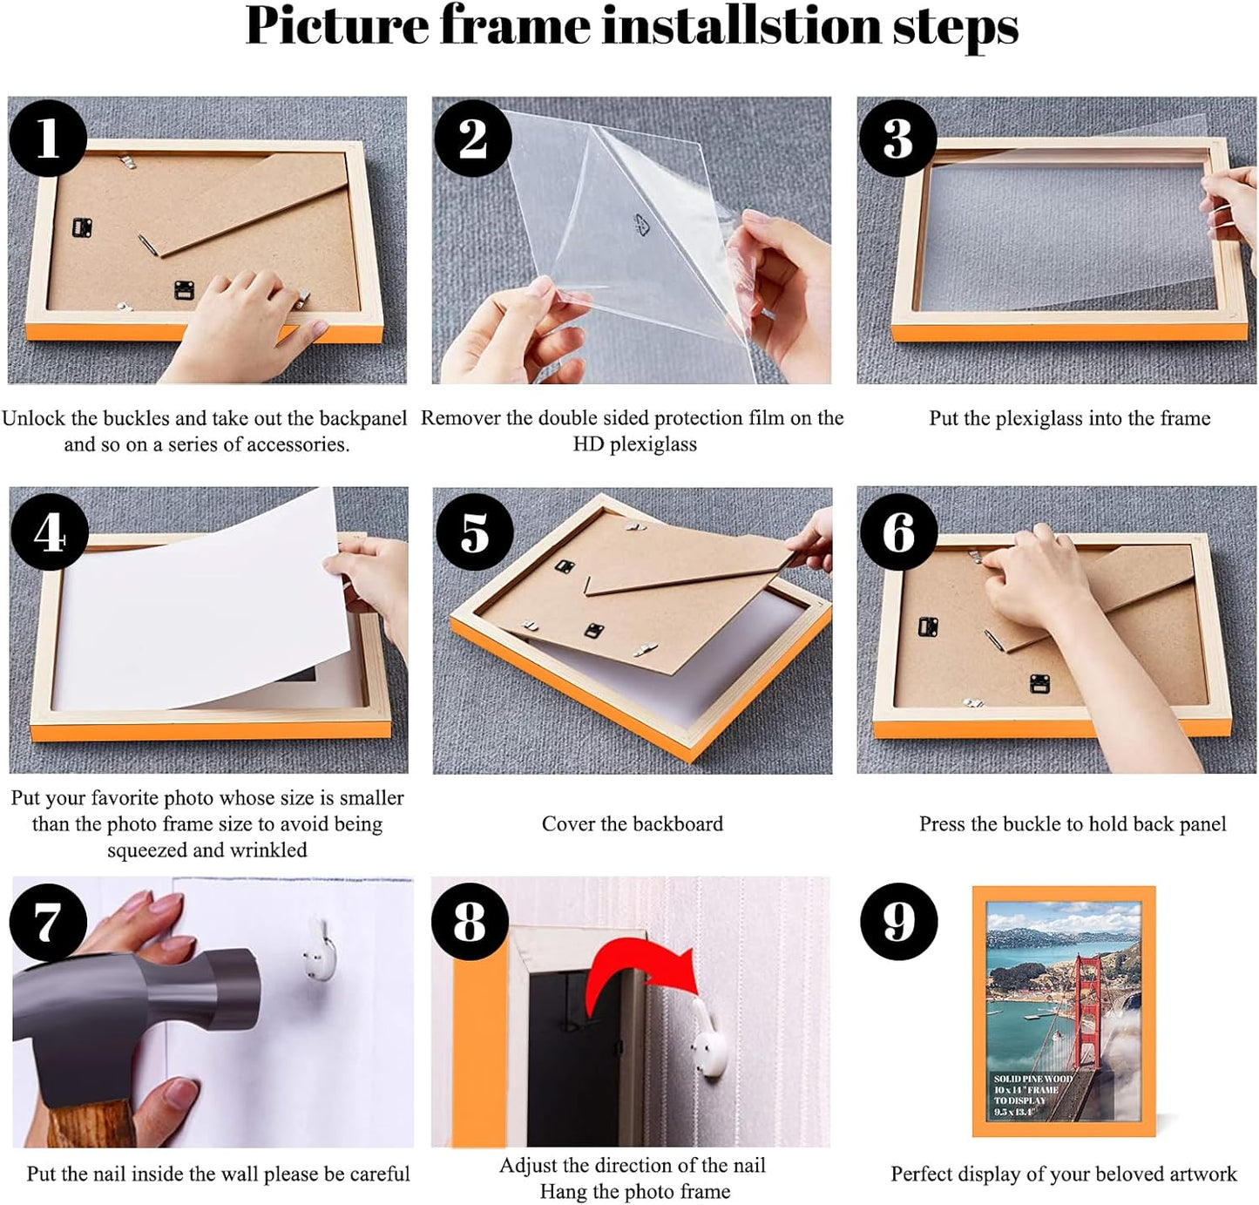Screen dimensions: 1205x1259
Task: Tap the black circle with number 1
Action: click(48, 138)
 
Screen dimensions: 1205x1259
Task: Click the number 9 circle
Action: click(898, 922)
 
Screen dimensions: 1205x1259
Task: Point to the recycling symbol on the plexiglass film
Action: click(642, 226)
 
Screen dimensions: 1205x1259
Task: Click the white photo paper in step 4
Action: click(200, 610)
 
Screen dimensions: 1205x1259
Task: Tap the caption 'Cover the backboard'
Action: click(632, 824)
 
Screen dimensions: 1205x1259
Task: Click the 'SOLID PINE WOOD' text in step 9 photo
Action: click(1032, 1079)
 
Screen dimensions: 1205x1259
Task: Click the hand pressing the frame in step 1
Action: click(235, 322)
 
